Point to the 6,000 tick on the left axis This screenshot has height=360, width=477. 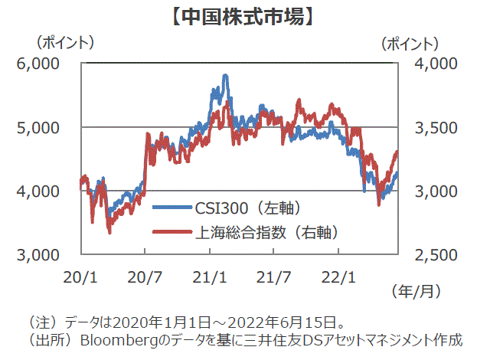38,64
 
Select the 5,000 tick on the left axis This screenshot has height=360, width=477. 38,127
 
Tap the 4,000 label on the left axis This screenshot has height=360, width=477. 38,191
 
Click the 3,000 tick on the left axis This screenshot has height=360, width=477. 38,254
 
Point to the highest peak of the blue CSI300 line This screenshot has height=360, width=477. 224,76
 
